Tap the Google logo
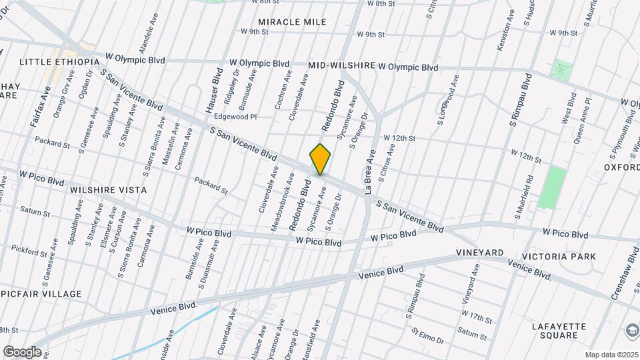(22, 352)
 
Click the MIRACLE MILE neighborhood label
(292, 22)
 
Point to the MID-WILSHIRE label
(342, 67)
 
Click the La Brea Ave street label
(370, 171)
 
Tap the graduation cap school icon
(630, 331)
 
